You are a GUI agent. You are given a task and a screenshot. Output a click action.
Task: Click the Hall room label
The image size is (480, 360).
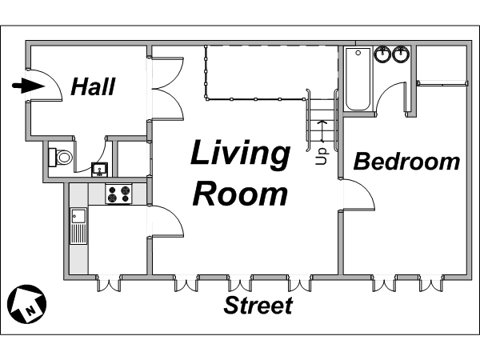point(93,86)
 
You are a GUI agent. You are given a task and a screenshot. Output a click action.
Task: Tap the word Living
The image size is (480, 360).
point(240,154)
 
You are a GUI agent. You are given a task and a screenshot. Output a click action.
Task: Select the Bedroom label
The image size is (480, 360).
point(407,162)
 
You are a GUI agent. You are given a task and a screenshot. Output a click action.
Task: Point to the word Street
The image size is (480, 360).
point(258,306)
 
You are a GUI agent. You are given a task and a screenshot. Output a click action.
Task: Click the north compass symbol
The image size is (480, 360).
point(26,304)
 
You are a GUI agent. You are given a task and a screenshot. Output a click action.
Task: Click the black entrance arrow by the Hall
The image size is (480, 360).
point(29,86)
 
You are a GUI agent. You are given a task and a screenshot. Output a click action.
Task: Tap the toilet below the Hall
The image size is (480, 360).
point(61,158)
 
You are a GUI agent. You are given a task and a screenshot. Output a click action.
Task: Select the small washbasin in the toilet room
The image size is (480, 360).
point(100,170)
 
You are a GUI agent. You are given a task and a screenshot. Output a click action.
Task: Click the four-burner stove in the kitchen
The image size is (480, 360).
point(118,194)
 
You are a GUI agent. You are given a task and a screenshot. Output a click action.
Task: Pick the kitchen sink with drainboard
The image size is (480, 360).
point(78,226)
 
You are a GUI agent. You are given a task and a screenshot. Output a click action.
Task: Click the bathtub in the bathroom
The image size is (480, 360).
point(358,79)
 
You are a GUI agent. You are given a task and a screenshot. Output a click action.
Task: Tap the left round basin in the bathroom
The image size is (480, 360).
point(382,54)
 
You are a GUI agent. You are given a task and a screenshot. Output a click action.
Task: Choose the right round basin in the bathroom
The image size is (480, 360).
point(401,54)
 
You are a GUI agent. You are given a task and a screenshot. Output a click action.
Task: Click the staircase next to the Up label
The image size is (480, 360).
point(322,120)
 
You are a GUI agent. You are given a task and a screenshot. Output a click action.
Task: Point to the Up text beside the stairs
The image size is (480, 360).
point(321,157)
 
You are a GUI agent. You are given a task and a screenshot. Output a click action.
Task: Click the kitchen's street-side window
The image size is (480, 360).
point(109,283)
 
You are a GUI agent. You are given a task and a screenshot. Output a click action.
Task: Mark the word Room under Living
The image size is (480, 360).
point(240,194)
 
